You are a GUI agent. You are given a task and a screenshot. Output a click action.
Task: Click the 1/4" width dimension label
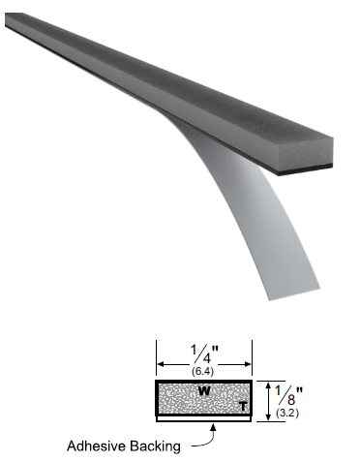(204, 353)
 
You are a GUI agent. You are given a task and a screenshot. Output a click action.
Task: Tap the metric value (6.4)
(203, 370)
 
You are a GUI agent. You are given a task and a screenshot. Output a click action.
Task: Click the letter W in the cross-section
(204, 392)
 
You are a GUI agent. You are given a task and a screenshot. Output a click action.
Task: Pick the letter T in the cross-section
(243, 407)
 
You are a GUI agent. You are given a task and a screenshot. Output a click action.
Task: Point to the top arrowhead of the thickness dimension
(269, 384)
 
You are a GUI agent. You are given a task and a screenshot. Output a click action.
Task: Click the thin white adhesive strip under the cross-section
(204, 421)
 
